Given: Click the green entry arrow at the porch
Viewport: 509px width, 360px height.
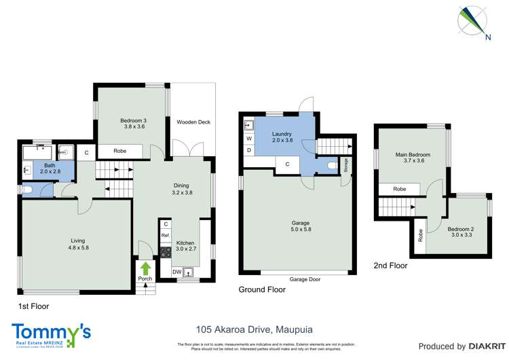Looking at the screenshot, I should point(145,268).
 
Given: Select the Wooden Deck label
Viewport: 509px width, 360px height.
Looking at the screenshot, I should point(193,122).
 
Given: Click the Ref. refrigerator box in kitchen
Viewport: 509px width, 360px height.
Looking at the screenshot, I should point(165,236).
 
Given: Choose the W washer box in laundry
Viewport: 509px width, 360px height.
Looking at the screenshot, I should point(249,139).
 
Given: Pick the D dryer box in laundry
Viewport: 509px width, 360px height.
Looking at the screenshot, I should point(249,149).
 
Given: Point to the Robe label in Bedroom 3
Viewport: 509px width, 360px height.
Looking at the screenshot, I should point(120,151).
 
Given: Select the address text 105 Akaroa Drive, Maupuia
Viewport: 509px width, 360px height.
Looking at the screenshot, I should point(254,329).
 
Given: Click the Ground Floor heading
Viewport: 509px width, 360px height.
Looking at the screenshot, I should point(262,289).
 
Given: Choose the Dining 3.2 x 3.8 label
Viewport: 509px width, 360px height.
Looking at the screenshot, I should point(180,189).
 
